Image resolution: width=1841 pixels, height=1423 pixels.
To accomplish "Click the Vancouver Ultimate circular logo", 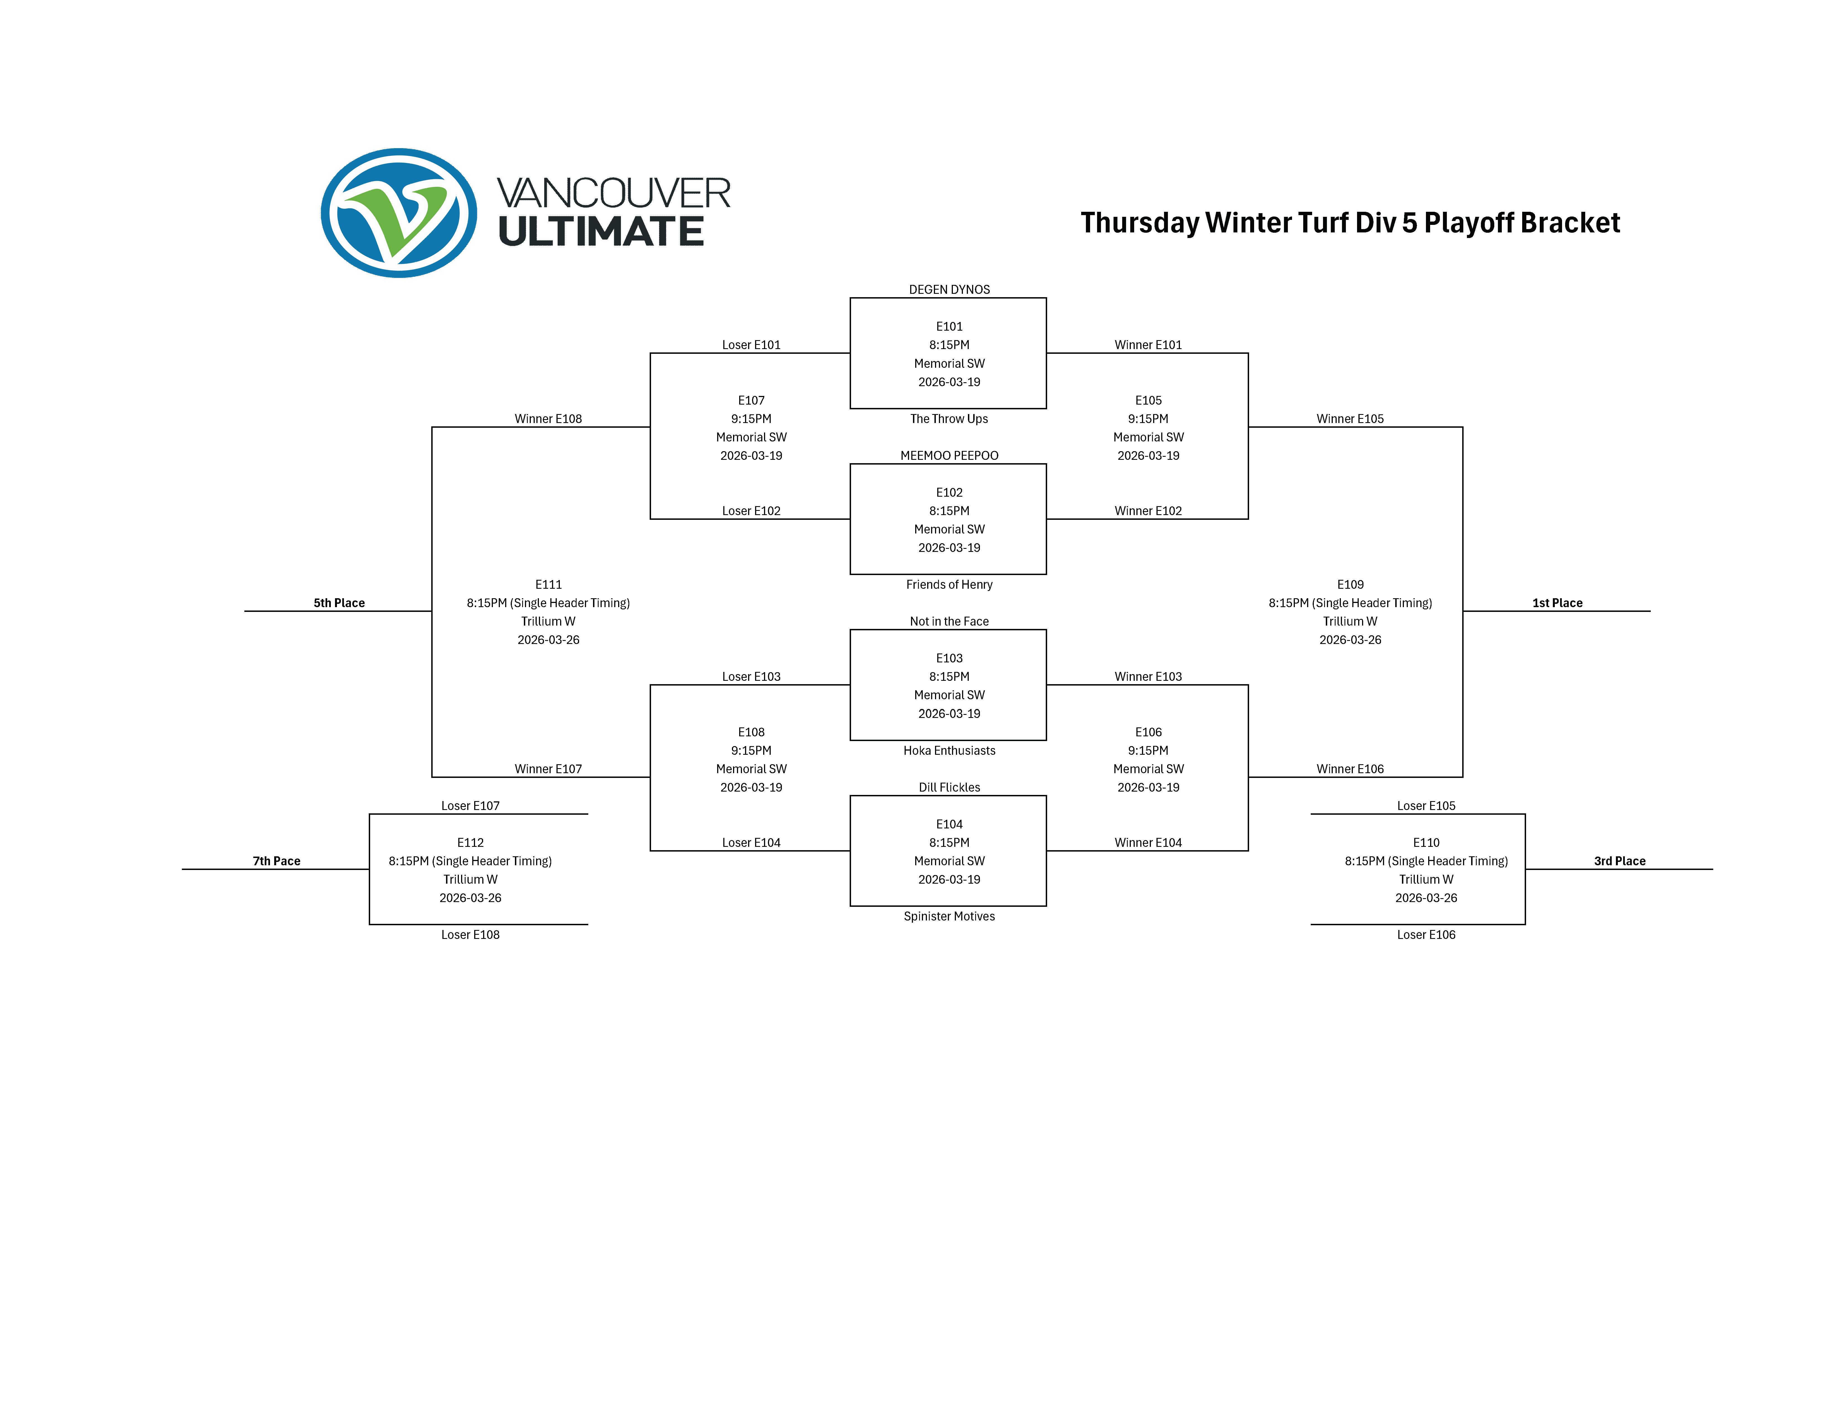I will (399, 213).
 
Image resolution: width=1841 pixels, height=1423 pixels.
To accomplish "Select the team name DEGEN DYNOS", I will (949, 289).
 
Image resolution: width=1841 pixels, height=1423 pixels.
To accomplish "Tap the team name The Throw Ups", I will (949, 419).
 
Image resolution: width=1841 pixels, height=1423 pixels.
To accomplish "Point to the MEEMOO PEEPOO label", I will (949, 455).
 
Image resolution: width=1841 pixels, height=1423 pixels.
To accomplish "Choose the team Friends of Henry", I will (949, 584).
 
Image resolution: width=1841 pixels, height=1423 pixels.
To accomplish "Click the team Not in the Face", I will (949, 621).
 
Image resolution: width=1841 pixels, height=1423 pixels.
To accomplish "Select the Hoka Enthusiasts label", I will (949, 750).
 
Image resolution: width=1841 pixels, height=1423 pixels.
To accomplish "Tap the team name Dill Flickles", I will (949, 787).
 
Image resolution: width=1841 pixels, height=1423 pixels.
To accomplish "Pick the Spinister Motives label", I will (949, 916).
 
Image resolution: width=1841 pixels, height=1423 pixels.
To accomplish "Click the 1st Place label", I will (1557, 603).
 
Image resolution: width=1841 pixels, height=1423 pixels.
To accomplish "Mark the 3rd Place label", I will (1619, 861).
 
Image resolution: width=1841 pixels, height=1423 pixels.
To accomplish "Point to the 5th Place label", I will (339, 603).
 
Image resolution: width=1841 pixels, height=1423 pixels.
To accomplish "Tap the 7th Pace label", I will (276, 861).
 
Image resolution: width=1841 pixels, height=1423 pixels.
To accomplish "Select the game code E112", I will (470, 842).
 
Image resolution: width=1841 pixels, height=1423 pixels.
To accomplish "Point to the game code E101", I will (949, 326).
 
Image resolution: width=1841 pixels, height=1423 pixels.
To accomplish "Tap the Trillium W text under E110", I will (1426, 879).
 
